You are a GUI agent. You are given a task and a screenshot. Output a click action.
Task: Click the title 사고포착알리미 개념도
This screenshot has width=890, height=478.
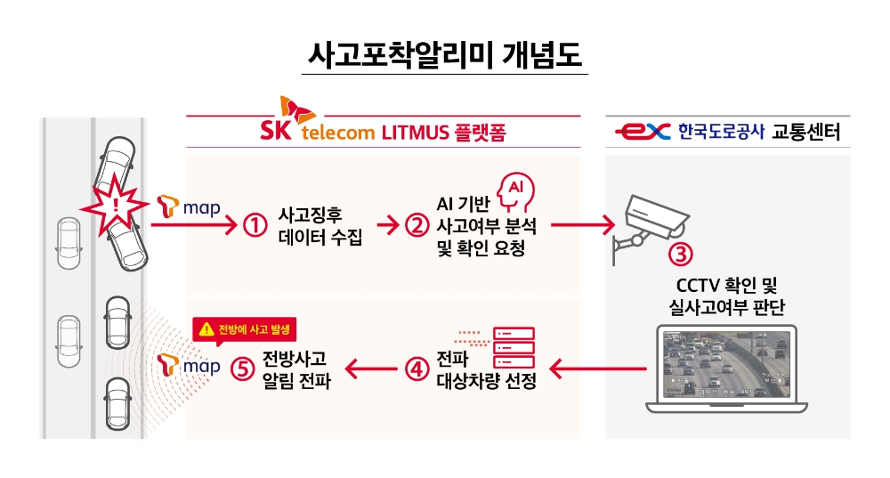(x=444, y=55)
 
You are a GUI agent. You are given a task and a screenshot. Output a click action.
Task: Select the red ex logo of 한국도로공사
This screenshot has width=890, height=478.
(x=643, y=133)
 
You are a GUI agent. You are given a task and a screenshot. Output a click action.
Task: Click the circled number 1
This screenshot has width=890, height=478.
(x=255, y=226)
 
